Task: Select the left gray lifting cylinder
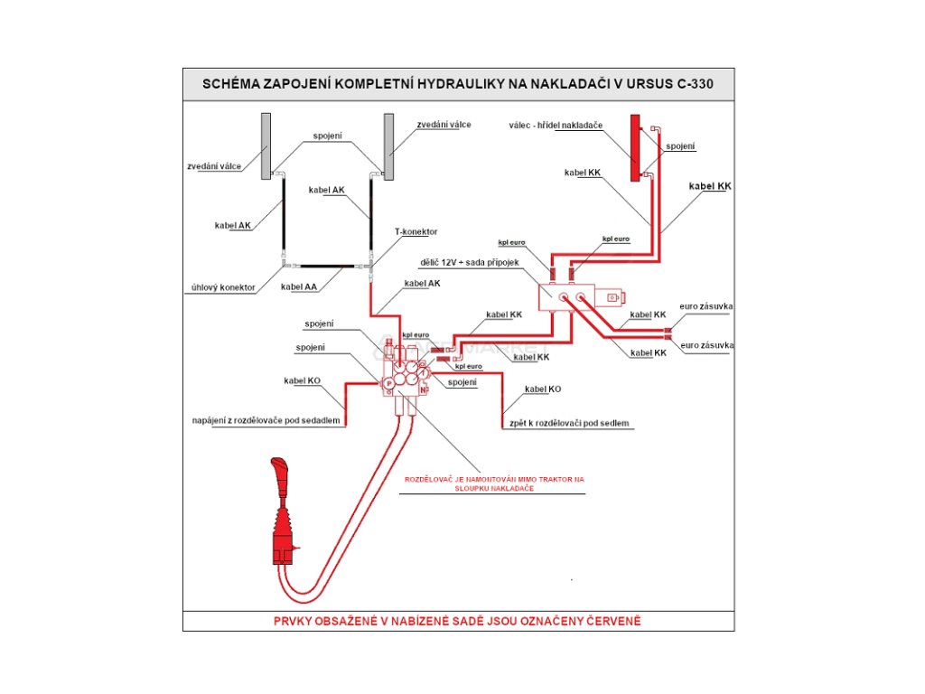pyautogui.click(x=266, y=145)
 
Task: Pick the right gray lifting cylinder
pyautogui.click(x=389, y=145)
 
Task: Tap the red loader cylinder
pyautogui.click(x=635, y=145)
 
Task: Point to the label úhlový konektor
pyautogui.click(x=222, y=287)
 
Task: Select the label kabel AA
pyautogui.click(x=298, y=286)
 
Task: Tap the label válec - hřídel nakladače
pyautogui.click(x=558, y=125)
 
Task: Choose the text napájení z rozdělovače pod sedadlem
pyautogui.click(x=267, y=420)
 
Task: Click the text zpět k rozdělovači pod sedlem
pyautogui.click(x=566, y=422)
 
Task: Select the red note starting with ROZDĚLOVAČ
pyautogui.click(x=495, y=483)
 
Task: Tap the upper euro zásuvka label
pyautogui.click(x=706, y=307)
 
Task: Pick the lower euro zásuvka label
pyautogui.click(x=706, y=345)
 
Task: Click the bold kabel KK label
pyautogui.click(x=709, y=186)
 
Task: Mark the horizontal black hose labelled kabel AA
pyautogui.click(x=326, y=267)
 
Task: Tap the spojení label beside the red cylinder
pyautogui.click(x=680, y=145)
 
